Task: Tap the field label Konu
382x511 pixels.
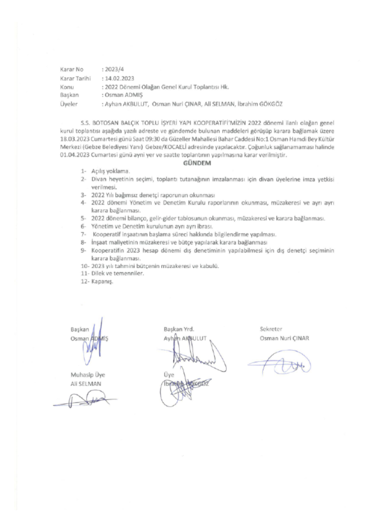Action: pos(66,86)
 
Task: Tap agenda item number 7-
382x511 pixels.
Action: pos(83,234)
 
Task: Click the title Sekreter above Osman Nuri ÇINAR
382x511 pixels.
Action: pos(270,330)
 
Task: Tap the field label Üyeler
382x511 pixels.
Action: pos(68,104)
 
